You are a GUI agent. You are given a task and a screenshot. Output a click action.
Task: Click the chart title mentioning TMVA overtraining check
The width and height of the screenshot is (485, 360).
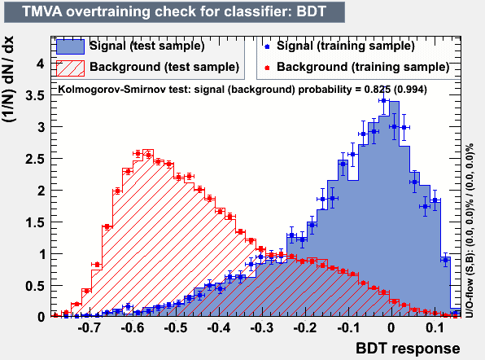tap(174, 11)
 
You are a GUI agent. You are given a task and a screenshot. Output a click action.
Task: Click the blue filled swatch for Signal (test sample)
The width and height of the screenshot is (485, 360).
tap(70, 46)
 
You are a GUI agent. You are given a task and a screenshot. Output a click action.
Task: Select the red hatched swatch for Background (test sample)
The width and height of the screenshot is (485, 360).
tap(70, 68)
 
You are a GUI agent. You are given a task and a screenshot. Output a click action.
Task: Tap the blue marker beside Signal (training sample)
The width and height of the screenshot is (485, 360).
tap(267, 46)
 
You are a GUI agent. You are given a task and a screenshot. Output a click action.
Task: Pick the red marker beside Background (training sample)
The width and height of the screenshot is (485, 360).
tap(267, 68)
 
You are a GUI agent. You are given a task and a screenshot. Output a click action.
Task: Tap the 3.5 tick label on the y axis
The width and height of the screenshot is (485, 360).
tap(35, 95)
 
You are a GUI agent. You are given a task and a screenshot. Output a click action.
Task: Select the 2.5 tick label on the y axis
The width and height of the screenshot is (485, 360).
tap(35, 159)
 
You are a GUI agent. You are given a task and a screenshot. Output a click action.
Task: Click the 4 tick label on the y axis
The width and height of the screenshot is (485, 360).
tap(41, 64)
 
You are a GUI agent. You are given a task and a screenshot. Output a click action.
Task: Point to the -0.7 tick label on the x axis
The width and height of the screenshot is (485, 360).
tap(89, 327)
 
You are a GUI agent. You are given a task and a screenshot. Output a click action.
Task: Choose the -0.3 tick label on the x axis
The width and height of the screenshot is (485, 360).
tap(262, 327)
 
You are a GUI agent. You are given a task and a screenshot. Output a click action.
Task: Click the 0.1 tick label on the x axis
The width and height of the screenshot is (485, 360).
tap(435, 327)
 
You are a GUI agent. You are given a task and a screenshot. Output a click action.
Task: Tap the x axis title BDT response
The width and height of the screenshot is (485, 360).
tap(408, 349)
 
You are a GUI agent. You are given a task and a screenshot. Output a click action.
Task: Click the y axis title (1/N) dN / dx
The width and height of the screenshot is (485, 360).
tap(8, 79)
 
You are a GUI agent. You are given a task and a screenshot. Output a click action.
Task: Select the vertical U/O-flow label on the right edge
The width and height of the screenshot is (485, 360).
tap(470, 230)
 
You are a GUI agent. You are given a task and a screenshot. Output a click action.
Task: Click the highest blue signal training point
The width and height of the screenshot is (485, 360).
tap(383, 100)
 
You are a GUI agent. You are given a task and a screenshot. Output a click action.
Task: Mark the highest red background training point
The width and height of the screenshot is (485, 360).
tap(138, 153)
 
